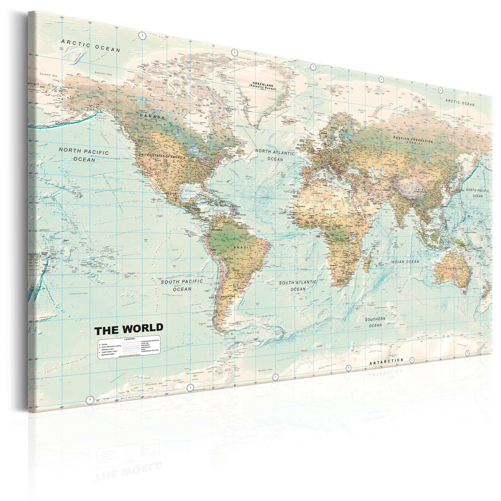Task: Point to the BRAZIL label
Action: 243,247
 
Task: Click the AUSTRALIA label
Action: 453,268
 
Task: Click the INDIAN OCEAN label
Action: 405,262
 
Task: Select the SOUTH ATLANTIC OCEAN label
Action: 298,286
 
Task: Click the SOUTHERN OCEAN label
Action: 375,322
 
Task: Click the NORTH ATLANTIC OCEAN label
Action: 275,155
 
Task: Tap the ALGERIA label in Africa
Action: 318,193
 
